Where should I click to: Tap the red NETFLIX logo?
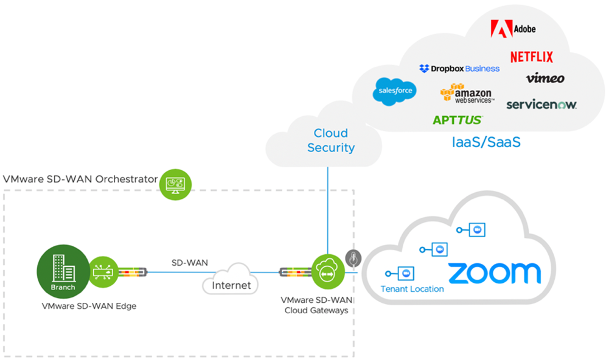pos(532,57)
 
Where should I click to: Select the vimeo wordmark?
pos(545,78)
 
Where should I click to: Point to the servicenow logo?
pos(541,105)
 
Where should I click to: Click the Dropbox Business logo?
pos(459,69)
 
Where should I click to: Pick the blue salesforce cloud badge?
pos(394,91)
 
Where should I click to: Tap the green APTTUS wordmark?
pos(458,120)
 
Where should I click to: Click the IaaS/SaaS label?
pos(486,144)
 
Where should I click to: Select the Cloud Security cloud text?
pos(331,140)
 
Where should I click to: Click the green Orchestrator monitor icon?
pos(175,182)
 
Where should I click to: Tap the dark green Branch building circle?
pos(63,271)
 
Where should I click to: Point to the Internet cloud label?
pos(231,285)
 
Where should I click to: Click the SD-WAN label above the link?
pos(190,263)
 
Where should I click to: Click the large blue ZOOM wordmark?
pos(494,273)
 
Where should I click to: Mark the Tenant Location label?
pos(412,289)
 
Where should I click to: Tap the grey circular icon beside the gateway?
pos(353,258)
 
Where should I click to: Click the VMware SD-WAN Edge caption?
pos(89,306)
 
